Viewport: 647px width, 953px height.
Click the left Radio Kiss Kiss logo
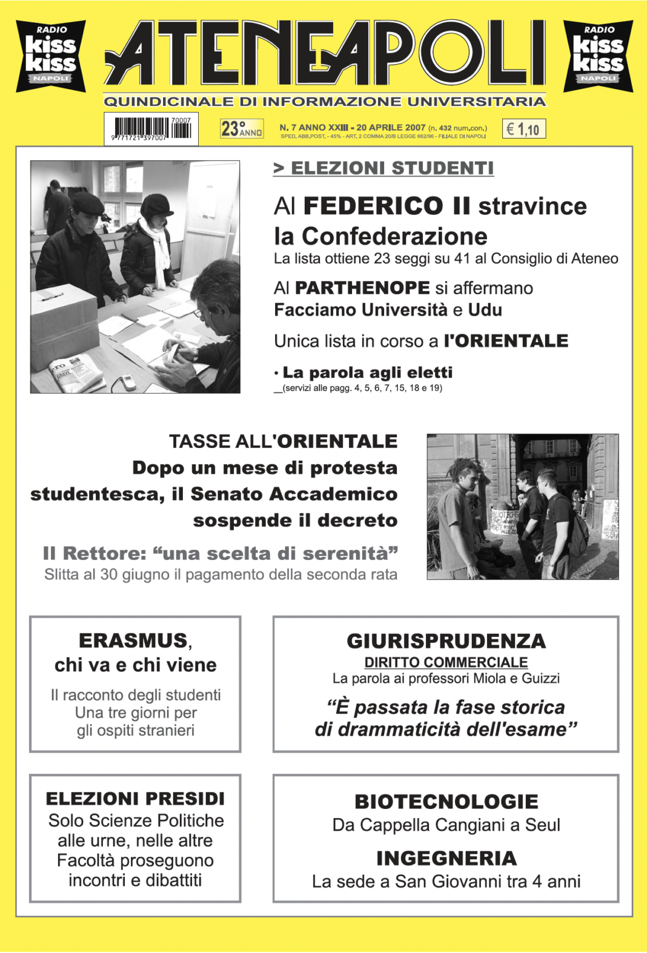pyautogui.click(x=51, y=56)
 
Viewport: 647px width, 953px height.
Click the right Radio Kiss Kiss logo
pyautogui.click(x=598, y=56)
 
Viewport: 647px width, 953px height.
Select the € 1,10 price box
pyautogui.click(x=523, y=129)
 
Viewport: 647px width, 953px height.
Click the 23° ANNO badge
pyautogui.click(x=241, y=128)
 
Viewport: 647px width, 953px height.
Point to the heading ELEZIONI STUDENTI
pyautogui.click(x=384, y=168)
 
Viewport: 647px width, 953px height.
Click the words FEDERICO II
pyautogui.click(x=387, y=206)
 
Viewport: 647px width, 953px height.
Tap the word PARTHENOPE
pyautogui.click(x=362, y=288)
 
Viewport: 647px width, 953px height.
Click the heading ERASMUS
pyautogui.click(x=133, y=641)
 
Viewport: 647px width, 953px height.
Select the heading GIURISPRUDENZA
pyautogui.click(x=446, y=641)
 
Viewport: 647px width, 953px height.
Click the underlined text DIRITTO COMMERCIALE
pyautogui.click(x=446, y=662)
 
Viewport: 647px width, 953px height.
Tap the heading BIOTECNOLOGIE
pyautogui.click(x=446, y=802)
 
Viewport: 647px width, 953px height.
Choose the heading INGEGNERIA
pyautogui.click(x=446, y=859)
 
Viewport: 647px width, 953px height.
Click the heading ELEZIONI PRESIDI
pyautogui.click(x=135, y=799)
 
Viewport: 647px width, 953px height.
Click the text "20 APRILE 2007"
pyautogui.click(x=391, y=127)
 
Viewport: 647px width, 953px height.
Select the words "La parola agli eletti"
pyautogui.click(x=367, y=372)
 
